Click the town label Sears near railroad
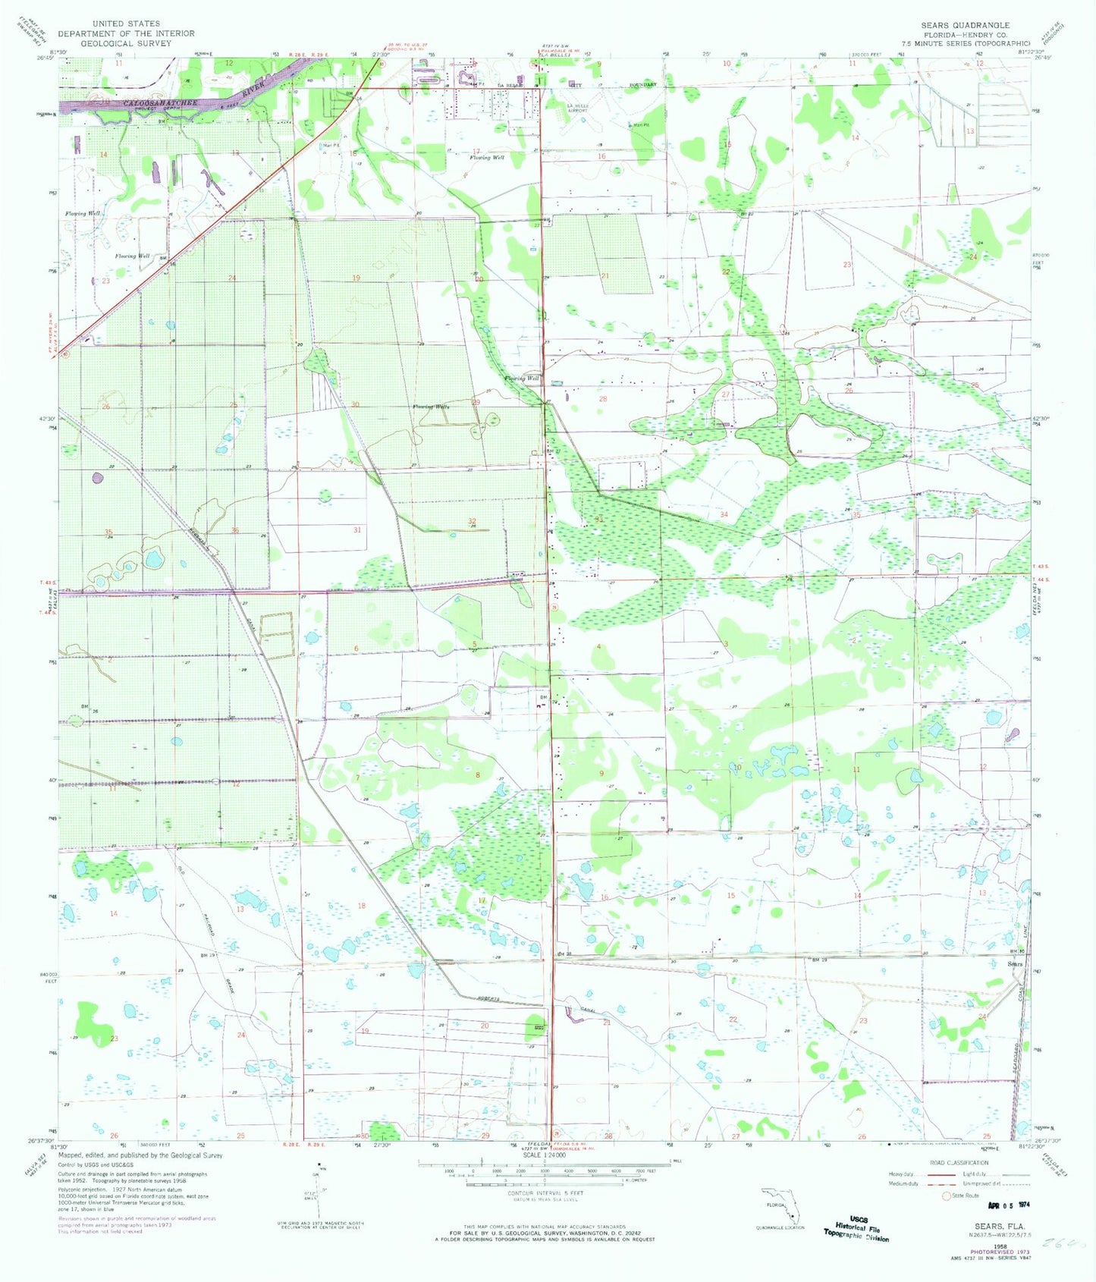[x=1014, y=964]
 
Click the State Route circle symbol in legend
[x=946, y=1196]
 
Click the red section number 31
[x=356, y=529]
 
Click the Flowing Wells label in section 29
[x=431, y=407]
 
